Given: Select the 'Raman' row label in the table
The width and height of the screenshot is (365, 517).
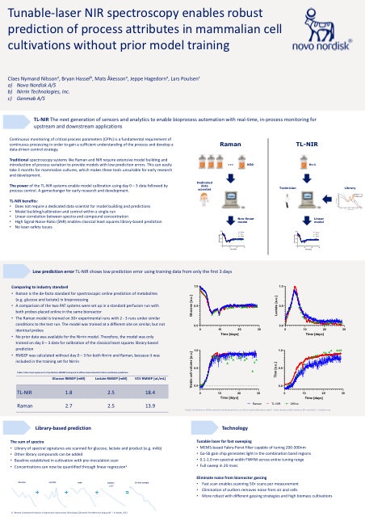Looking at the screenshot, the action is tap(25, 405).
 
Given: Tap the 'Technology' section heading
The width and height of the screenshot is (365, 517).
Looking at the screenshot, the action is tap(234, 427).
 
